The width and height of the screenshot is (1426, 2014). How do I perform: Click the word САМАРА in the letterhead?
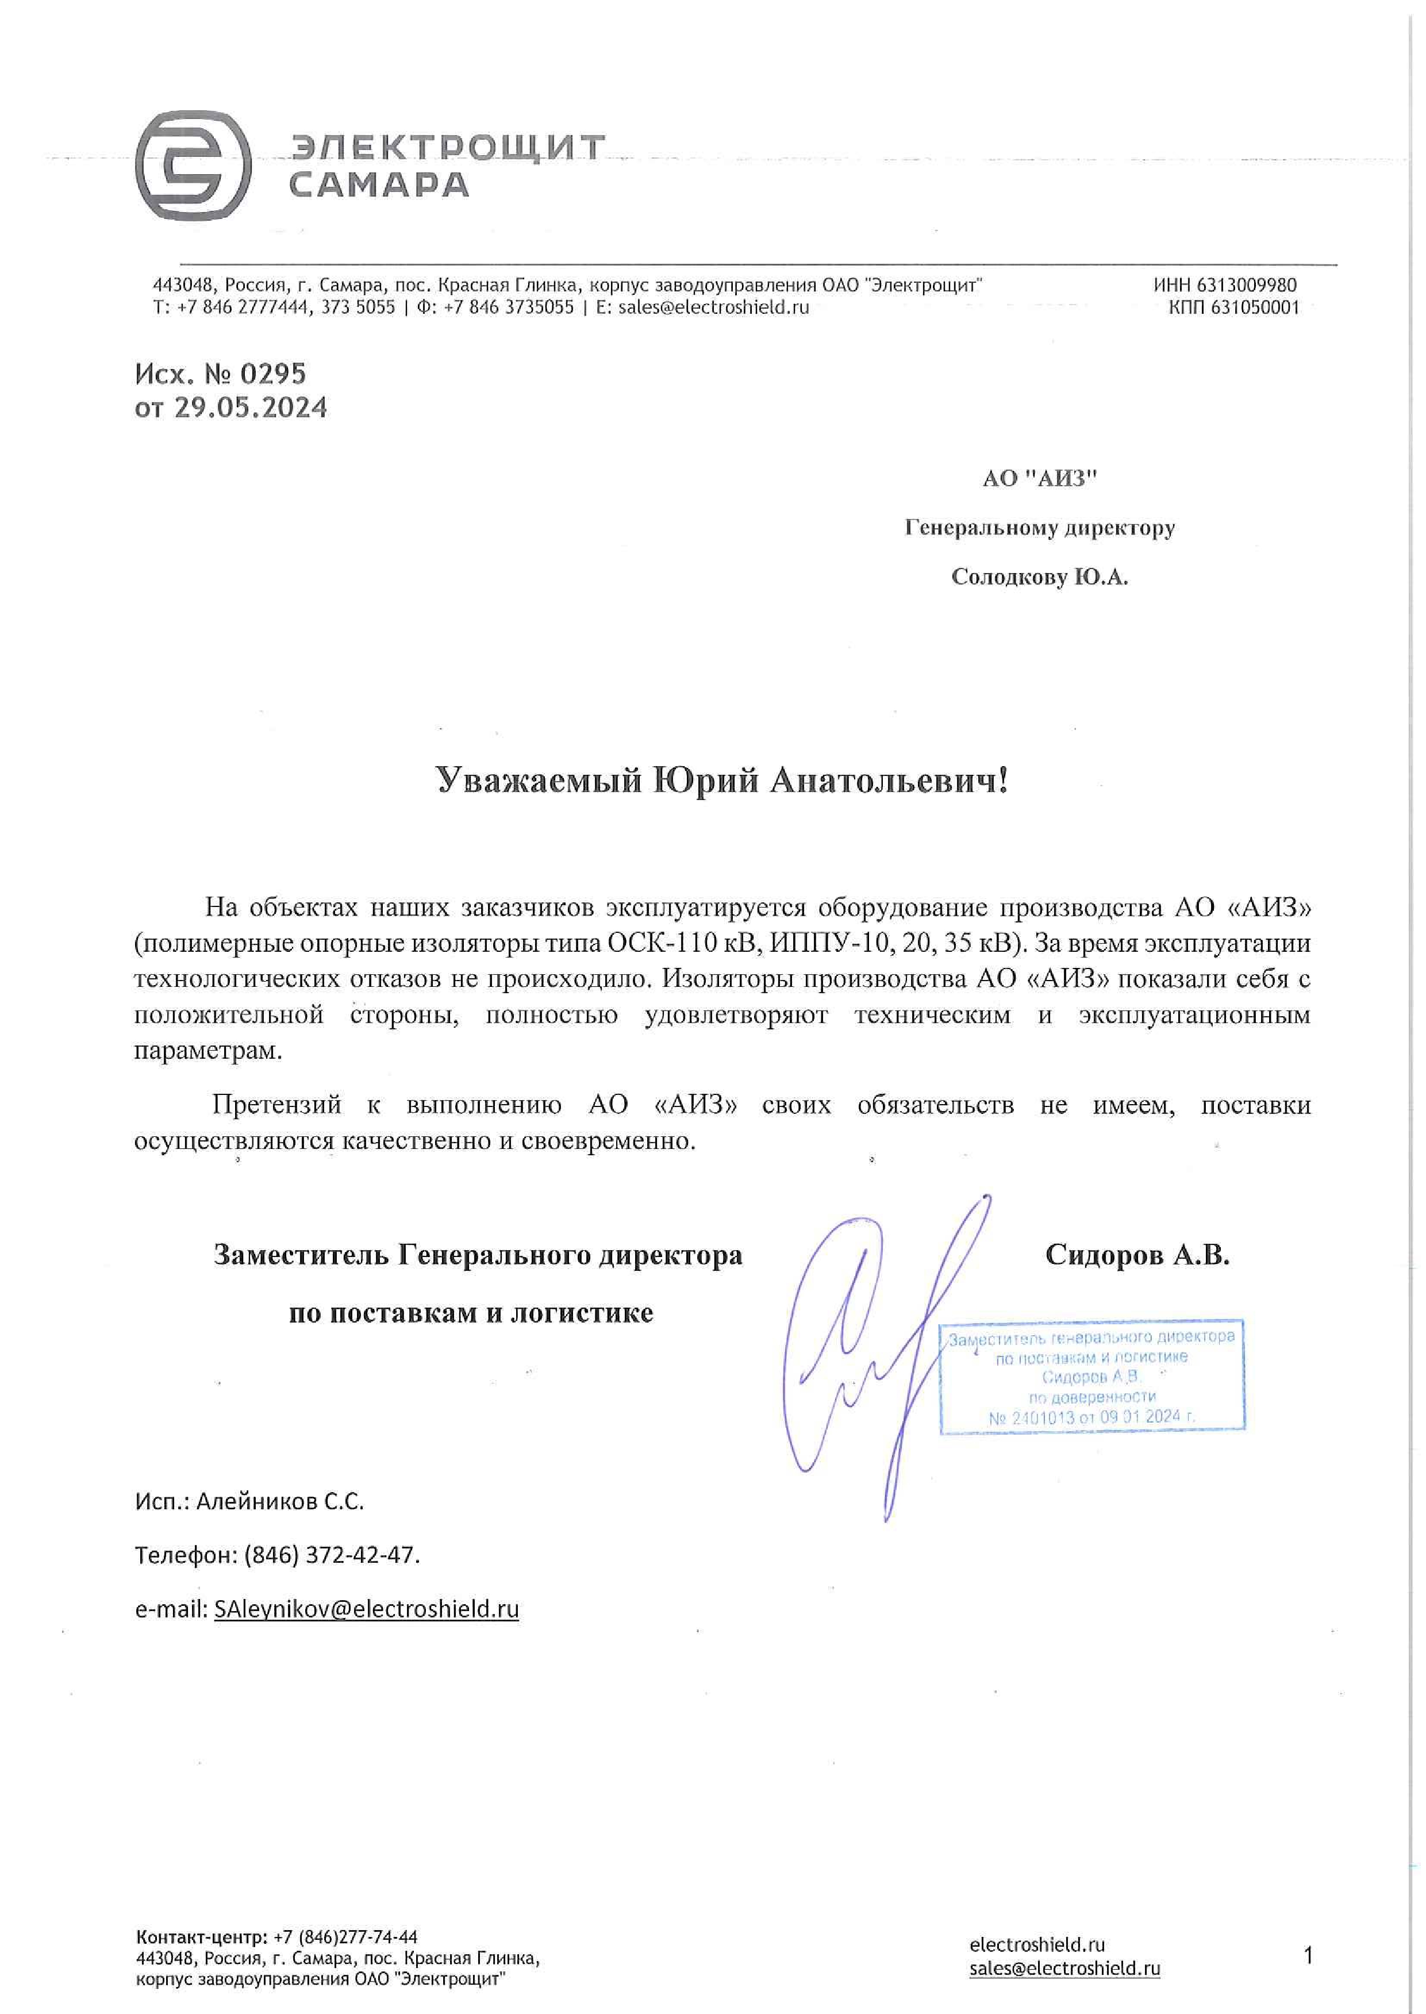click(x=378, y=185)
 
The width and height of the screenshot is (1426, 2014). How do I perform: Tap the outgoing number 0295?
click(x=273, y=375)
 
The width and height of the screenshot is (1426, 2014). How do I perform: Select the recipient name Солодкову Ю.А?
click(x=1040, y=577)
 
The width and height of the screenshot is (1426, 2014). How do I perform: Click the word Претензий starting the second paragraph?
click(x=276, y=1105)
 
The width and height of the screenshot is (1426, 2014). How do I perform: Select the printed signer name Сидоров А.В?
click(x=1137, y=1255)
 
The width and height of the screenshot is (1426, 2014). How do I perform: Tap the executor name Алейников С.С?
click(x=279, y=1502)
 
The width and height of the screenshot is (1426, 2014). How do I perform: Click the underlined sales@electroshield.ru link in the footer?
click(x=1064, y=1969)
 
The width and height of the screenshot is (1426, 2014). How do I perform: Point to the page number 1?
click(x=1308, y=1956)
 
